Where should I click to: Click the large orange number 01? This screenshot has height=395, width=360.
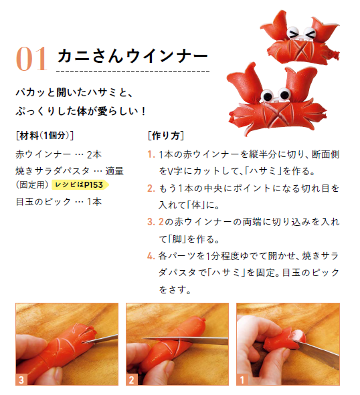click(x=32, y=59)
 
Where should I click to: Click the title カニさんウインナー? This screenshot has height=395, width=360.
click(x=132, y=55)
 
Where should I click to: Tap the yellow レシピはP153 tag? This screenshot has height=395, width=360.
click(x=80, y=184)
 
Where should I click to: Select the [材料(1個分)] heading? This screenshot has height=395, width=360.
click(x=45, y=136)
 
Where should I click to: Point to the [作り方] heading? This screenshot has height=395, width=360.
click(x=166, y=136)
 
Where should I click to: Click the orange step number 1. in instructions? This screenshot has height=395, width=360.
click(x=151, y=154)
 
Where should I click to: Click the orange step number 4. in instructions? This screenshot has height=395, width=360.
click(x=151, y=256)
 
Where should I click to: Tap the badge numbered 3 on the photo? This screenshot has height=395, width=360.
click(x=21, y=380)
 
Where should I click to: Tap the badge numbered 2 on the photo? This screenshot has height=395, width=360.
click(x=131, y=380)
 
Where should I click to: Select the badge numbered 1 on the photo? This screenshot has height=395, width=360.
click(x=242, y=380)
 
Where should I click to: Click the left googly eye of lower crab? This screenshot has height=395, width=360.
click(x=267, y=95)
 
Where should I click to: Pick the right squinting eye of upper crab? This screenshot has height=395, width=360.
click(x=310, y=33)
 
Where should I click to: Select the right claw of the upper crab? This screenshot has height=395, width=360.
click(x=325, y=29)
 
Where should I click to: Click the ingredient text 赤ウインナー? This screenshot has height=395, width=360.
click(x=43, y=154)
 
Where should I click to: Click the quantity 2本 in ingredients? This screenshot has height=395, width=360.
click(x=94, y=154)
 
